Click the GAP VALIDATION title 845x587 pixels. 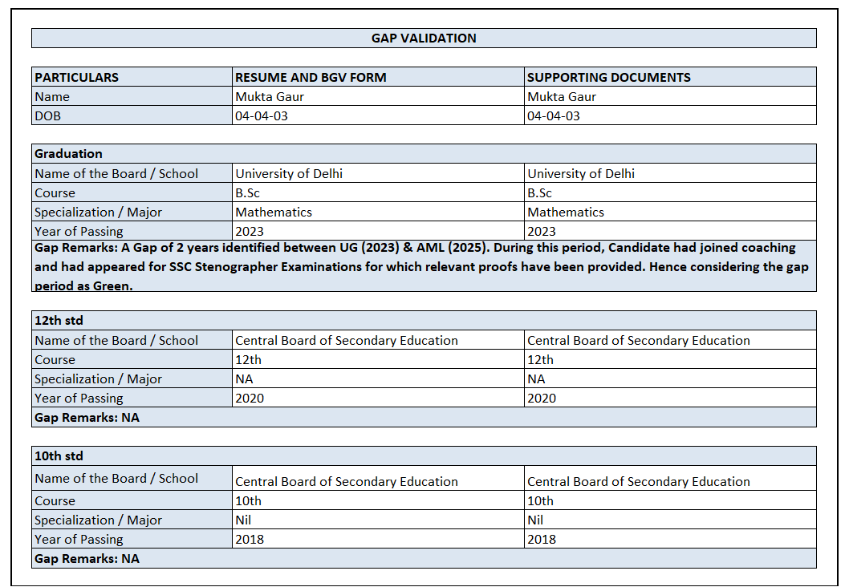click(423, 38)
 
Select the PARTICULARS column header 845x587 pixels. click(76, 78)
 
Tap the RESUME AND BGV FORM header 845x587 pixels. click(311, 78)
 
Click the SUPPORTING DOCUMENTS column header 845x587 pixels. click(608, 78)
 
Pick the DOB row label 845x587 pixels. click(47, 116)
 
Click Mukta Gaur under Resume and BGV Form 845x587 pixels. click(270, 97)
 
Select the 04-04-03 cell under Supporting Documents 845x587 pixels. click(553, 116)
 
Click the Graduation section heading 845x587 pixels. click(68, 154)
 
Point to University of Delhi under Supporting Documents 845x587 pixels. click(581, 174)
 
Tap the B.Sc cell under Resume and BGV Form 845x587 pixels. click(247, 193)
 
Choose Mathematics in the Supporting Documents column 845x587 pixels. click(566, 213)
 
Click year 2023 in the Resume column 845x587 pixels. click(249, 232)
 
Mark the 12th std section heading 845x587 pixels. click(59, 321)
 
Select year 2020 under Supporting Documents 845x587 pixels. click(542, 399)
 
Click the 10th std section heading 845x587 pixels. click(59, 456)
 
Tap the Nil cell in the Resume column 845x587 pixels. click(243, 520)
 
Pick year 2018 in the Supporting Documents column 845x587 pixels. click(542, 540)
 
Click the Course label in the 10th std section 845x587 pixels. click(55, 501)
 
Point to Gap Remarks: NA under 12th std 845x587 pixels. click(87, 418)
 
